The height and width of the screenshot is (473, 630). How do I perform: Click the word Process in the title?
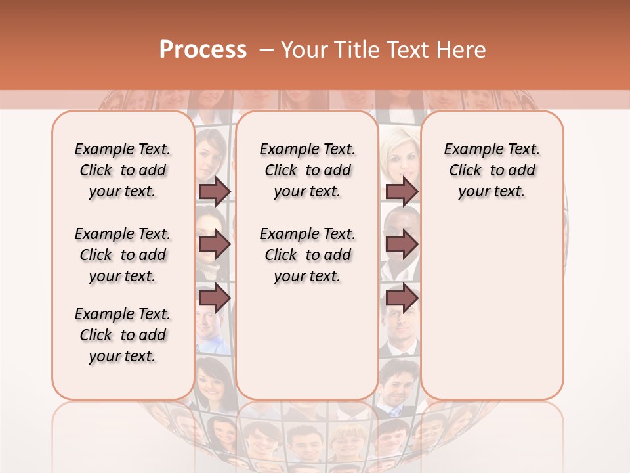203,50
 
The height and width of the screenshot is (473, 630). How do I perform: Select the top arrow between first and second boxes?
215,191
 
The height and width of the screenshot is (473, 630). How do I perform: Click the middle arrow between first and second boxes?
215,244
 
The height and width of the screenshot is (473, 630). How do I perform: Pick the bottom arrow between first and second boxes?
215,298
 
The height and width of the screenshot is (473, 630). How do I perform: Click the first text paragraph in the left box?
123,170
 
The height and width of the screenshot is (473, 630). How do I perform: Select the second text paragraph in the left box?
123,255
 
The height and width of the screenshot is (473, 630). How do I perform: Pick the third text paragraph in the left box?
123,335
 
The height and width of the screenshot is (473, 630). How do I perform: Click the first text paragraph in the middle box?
307,170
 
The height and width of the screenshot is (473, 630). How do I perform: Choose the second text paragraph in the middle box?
307,255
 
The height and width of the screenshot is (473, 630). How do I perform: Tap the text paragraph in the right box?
492,170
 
